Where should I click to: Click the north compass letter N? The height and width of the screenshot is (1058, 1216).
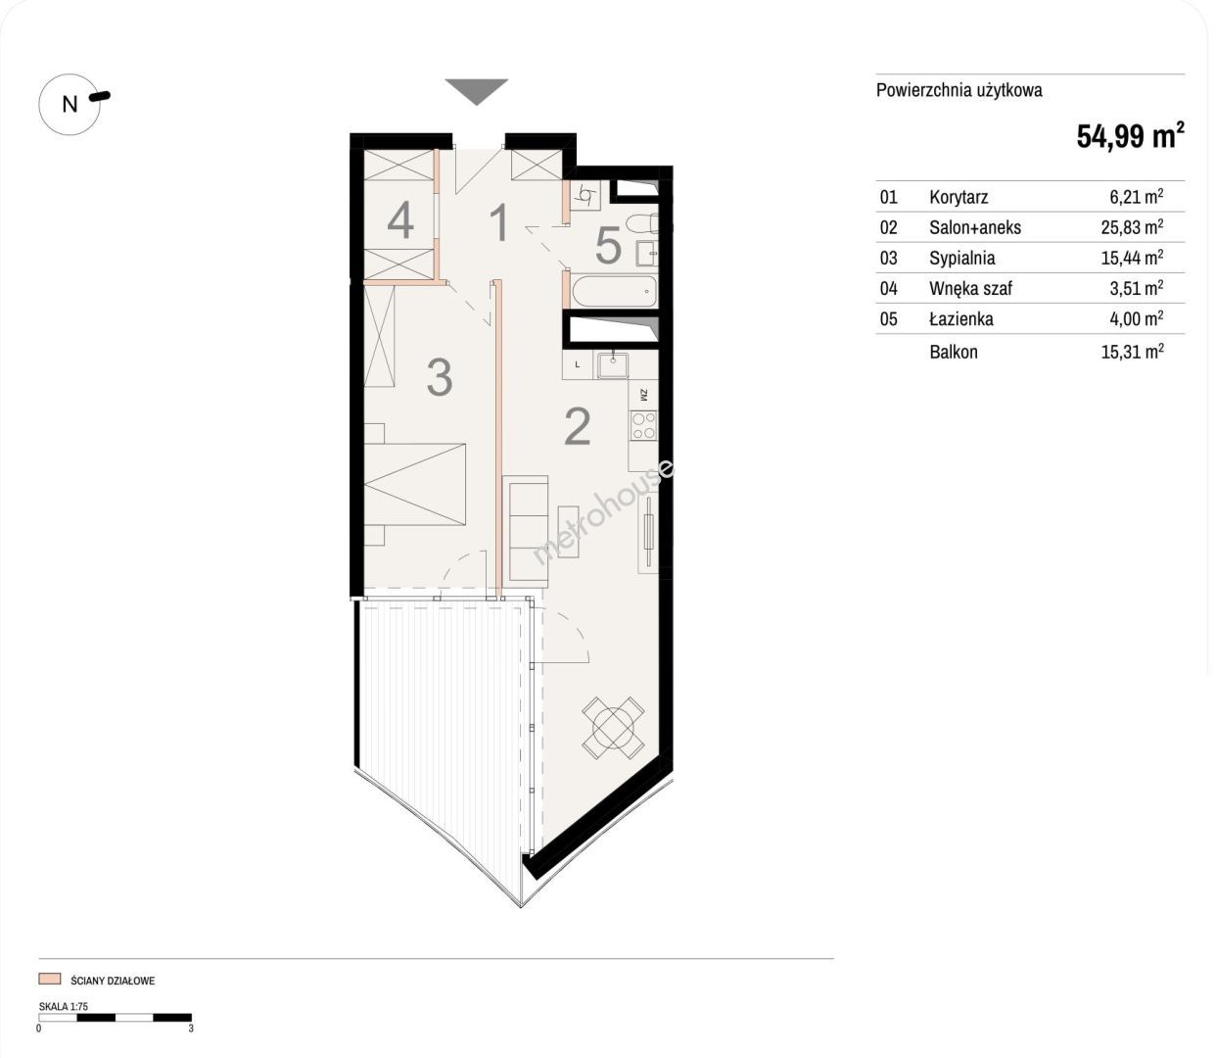[x=70, y=105]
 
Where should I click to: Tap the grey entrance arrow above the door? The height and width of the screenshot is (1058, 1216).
[x=477, y=90]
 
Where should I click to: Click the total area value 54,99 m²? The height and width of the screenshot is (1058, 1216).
[x=1130, y=135]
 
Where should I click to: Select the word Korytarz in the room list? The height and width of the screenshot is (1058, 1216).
[x=959, y=197]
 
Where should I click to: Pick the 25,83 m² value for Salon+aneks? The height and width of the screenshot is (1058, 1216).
[x=1132, y=227]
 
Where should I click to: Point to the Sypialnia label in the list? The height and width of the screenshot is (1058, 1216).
[x=962, y=258]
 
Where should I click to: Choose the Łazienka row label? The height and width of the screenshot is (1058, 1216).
[x=961, y=318]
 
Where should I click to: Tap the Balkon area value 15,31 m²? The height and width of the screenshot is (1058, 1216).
[x=1132, y=352]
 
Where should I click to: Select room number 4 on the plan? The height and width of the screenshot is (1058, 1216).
[x=400, y=220]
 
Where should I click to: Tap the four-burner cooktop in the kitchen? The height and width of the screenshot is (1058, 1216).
[x=643, y=426]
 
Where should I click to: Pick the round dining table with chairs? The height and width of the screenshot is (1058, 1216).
[x=613, y=727]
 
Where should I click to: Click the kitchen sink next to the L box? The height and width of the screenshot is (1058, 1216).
[x=613, y=365]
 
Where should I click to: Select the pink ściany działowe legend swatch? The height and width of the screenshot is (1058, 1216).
[x=49, y=980]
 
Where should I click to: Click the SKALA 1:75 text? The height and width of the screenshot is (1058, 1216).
[x=64, y=1006]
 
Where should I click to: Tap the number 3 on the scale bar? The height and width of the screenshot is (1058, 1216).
[x=191, y=1029]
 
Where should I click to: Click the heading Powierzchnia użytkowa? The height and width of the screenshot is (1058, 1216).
[x=959, y=90]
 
